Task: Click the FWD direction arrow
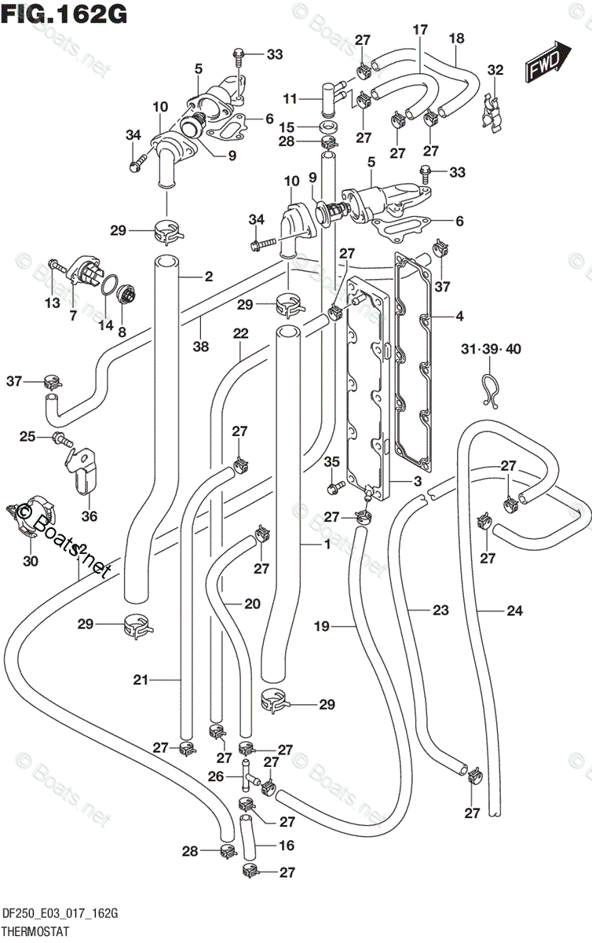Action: point(547,61)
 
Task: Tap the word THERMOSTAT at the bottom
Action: point(36,930)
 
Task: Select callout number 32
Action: point(495,69)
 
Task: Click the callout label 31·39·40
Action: point(491,349)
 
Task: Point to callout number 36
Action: point(90,516)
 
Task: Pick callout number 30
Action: point(31,560)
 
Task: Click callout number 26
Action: point(216,776)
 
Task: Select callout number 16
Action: point(286,845)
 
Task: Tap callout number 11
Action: point(290,99)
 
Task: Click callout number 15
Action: point(287,127)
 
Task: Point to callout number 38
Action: point(201,346)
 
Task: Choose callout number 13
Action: point(52,303)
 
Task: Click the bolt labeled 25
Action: point(63,440)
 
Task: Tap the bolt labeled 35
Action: point(336,488)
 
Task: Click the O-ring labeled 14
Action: point(111,285)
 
